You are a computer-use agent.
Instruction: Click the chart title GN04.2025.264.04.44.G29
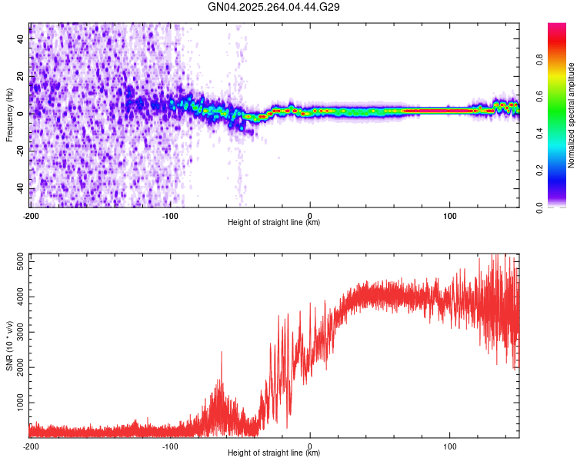tap(275, 7)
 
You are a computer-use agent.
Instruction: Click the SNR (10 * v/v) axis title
tap(9, 346)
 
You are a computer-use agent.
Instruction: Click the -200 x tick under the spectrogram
tap(31, 214)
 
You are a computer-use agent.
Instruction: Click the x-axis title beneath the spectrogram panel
tap(274, 223)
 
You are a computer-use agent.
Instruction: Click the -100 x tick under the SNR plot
tap(170, 445)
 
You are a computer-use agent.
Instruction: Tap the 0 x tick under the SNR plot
tap(310, 445)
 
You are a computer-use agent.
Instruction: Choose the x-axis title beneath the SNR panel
tap(274, 453)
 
